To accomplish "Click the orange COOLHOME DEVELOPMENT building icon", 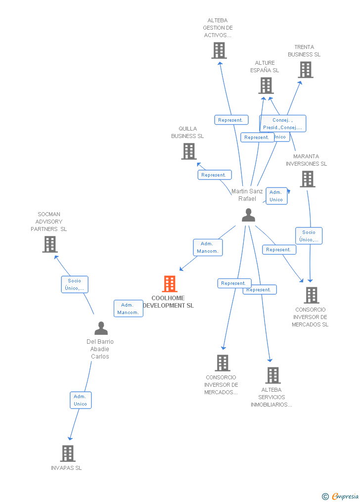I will (x=170, y=284).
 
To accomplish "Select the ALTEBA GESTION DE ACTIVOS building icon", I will (x=219, y=50).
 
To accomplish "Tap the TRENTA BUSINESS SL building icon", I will (x=306, y=70).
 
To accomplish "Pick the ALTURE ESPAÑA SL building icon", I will (x=266, y=86).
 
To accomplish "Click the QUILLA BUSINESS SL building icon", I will (x=188, y=151).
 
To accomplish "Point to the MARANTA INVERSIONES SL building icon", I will (x=307, y=179).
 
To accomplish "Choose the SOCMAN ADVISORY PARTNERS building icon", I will (x=50, y=244).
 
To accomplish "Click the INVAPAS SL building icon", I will (x=68, y=453).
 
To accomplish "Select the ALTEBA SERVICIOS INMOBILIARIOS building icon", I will (x=272, y=375).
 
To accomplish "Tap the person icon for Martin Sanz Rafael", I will (x=248, y=215).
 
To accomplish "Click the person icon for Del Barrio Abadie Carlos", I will (x=101, y=328).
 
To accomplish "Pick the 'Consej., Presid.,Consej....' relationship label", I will (x=282, y=124).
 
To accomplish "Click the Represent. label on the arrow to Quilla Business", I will (x=215, y=175).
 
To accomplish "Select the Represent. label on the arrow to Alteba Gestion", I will (x=231, y=120).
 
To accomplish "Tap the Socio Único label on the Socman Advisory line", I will (x=75, y=284).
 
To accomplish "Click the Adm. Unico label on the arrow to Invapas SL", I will (x=81, y=400).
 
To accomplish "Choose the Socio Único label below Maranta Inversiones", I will (x=309, y=236).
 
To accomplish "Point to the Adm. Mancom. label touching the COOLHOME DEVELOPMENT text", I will (x=128, y=309).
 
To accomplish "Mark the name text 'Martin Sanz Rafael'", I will (x=247, y=195).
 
